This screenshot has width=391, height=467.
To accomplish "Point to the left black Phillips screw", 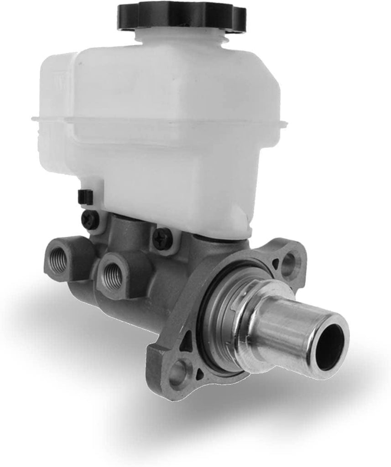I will [90, 220].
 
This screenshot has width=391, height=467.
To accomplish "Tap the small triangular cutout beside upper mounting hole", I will [275, 263].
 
